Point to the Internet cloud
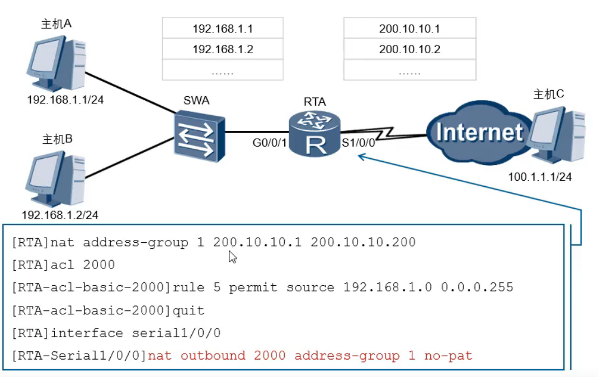[x=478, y=132]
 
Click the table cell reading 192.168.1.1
[x=223, y=29]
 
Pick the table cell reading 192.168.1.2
[x=223, y=49]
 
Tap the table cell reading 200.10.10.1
[x=409, y=29]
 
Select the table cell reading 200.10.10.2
[x=409, y=49]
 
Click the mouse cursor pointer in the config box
[x=233, y=257]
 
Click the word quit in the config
[x=189, y=310]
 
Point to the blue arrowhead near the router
[x=361, y=157]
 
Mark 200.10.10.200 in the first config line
[x=363, y=242]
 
